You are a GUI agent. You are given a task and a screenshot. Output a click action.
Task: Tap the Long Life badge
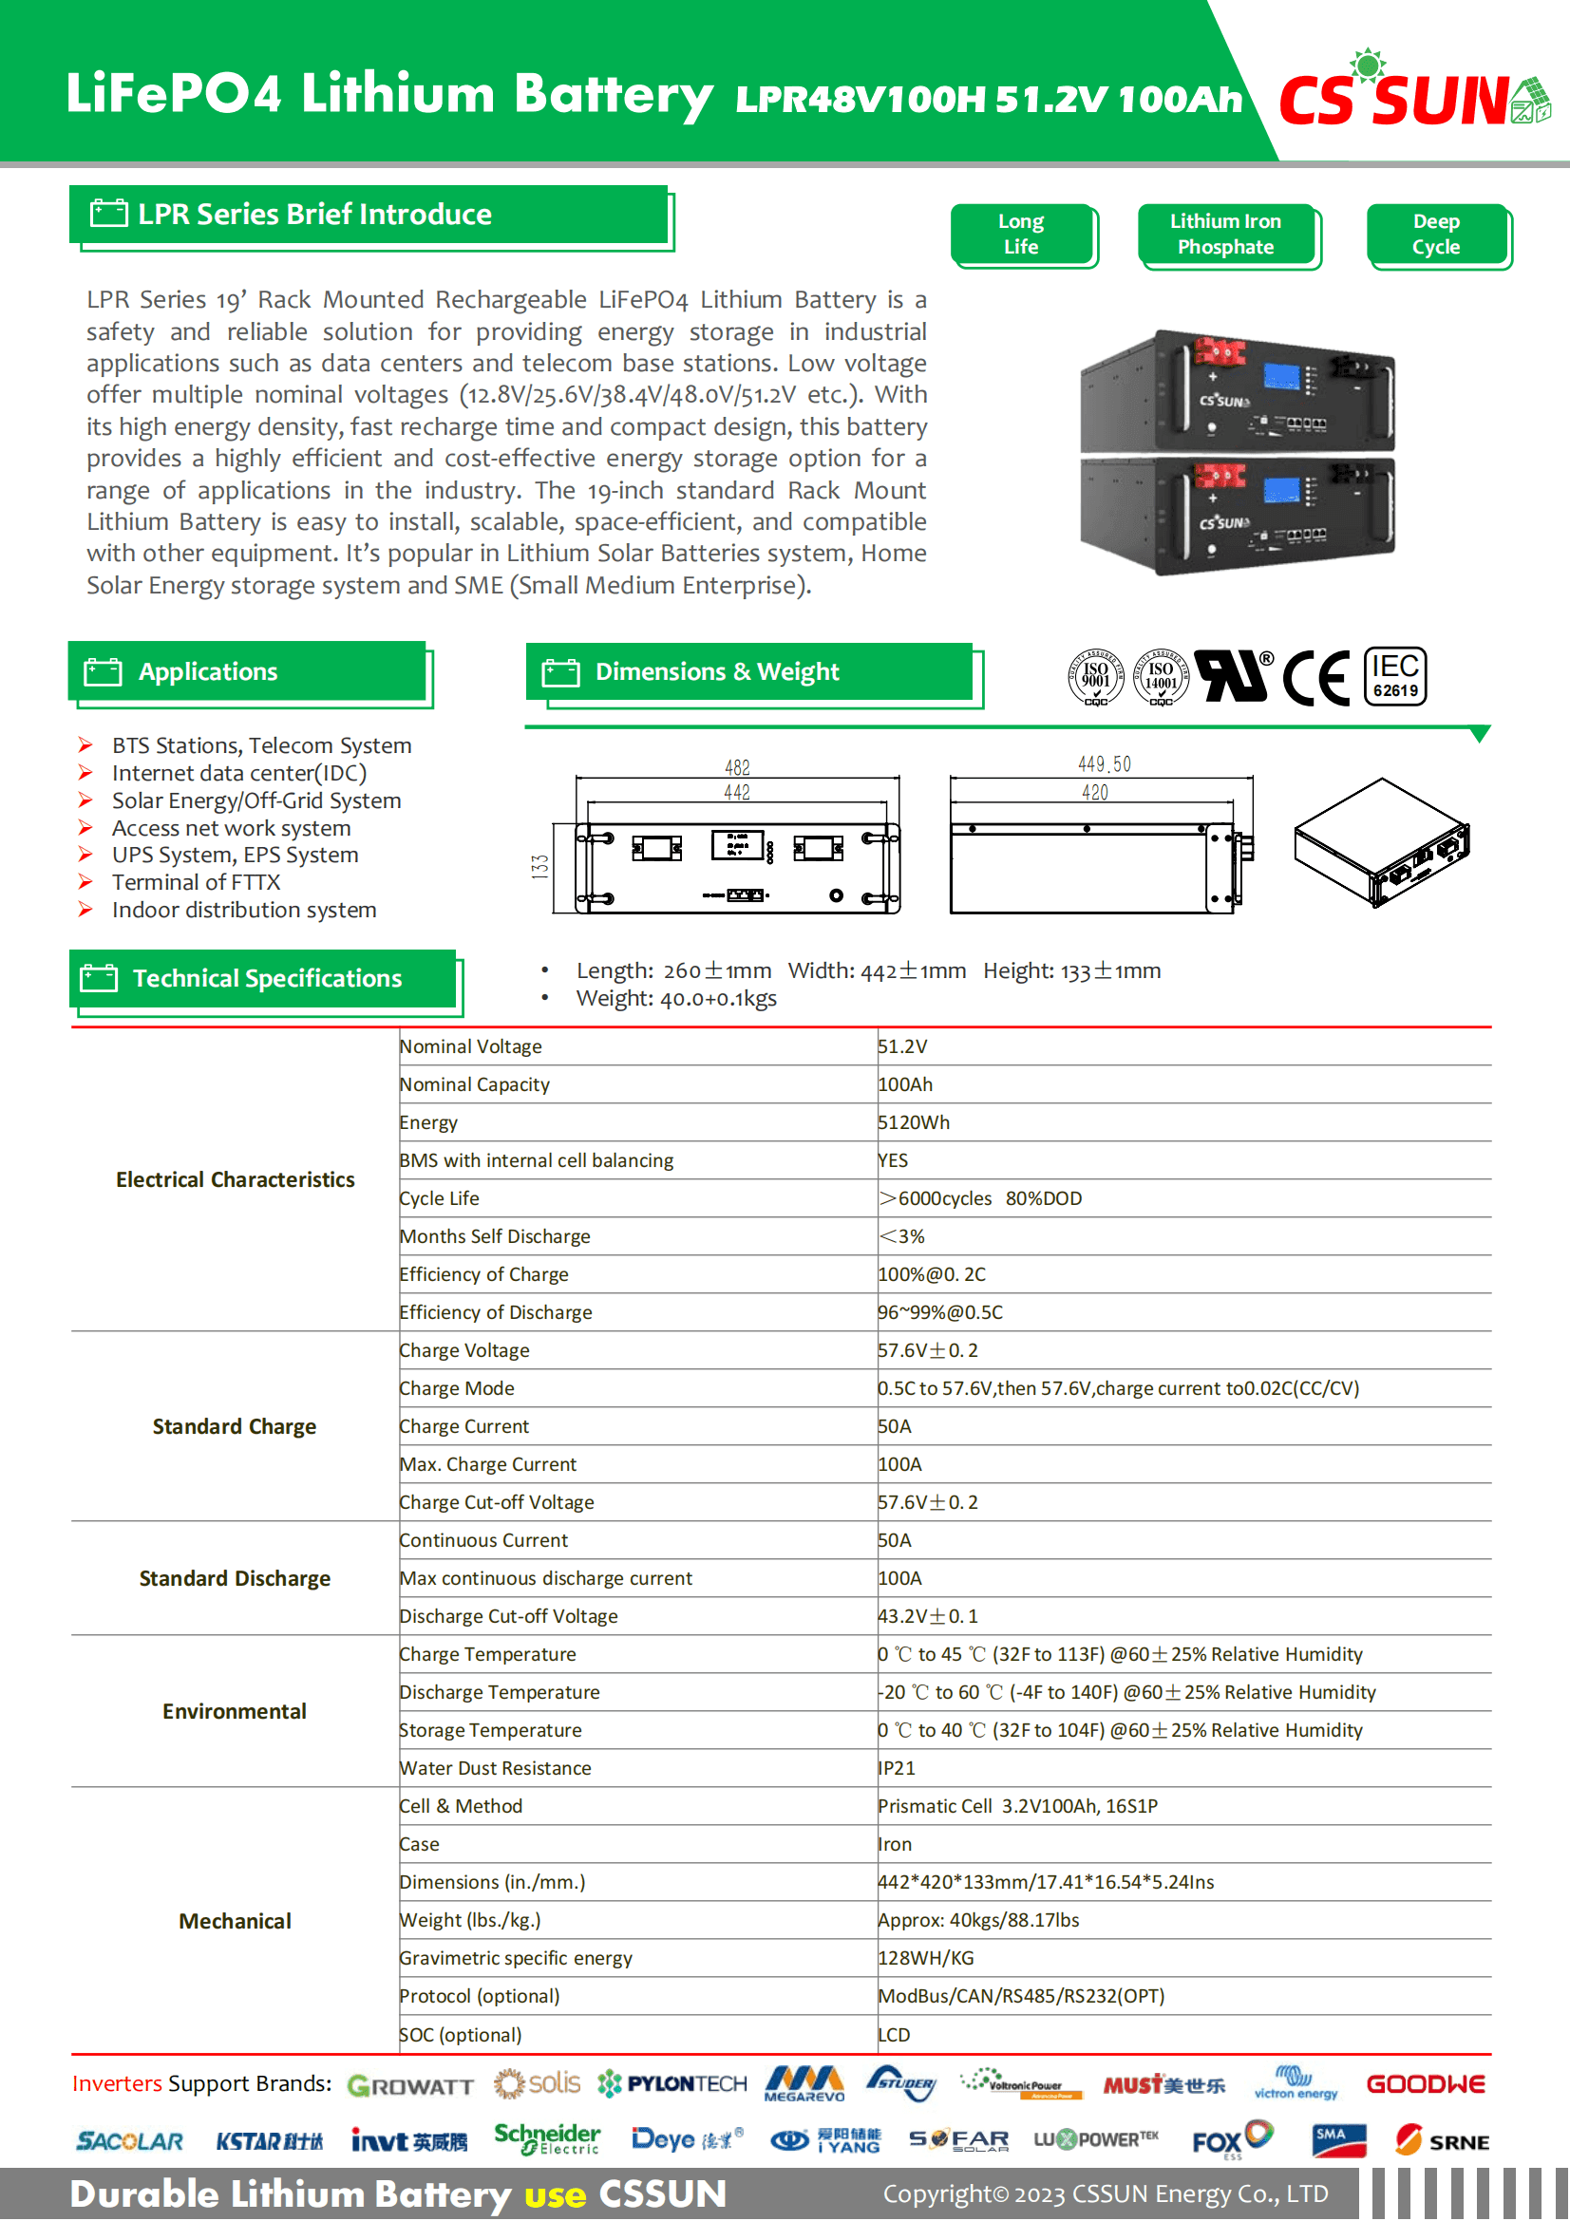(1022, 235)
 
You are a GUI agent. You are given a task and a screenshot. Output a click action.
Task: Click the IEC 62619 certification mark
(1395, 676)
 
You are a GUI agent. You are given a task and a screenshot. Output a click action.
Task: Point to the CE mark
(1315, 678)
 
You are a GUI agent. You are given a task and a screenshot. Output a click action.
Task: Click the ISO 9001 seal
(1095, 676)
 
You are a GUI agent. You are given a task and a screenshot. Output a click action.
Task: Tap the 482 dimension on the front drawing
(737, 768)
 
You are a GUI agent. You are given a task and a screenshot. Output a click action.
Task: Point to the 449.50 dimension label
(1104, 765)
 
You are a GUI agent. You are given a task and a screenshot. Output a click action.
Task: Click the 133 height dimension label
(539, 867)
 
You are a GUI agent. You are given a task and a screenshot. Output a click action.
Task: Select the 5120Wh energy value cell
(914, 1122)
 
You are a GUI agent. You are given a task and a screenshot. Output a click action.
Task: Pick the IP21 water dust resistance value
(897, 1768)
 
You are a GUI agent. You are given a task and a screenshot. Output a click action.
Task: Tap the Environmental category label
(234, 1711)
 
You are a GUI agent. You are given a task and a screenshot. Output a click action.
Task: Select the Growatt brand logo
(410, 2085)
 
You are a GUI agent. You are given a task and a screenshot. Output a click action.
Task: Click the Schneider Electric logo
(547, 2138)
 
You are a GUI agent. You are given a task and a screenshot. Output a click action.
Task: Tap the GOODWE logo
(1425, 2084)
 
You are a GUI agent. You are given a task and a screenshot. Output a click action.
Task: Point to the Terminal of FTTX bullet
(197, 882)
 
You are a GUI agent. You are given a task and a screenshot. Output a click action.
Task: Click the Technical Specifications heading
(267, 979)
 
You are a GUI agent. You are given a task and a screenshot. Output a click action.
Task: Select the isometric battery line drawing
(1381, 841)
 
